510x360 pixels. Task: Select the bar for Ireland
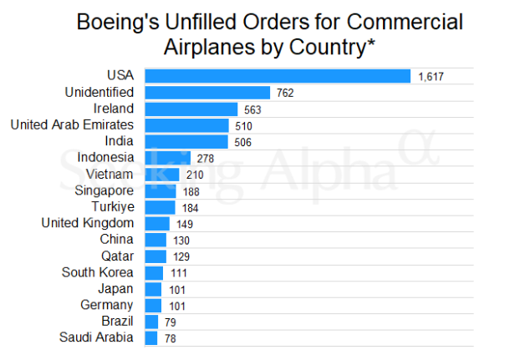(x=191, y=109)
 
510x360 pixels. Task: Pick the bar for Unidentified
(x=207, y=93)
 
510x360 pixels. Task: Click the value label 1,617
(x=430, y=77)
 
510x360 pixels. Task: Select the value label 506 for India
(x=243, y=142)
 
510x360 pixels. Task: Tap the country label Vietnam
(x=110, y=174)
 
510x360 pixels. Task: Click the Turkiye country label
(x=112, y=206)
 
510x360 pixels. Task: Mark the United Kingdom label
(x=87, y=223)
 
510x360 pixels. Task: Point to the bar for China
(x=156, y=240)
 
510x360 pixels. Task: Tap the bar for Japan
(x=154, y=289)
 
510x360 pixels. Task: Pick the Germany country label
(x=106, y=305)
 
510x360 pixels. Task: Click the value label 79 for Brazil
(x=173, y=322)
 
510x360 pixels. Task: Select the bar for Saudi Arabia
(x=151, y=337)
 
